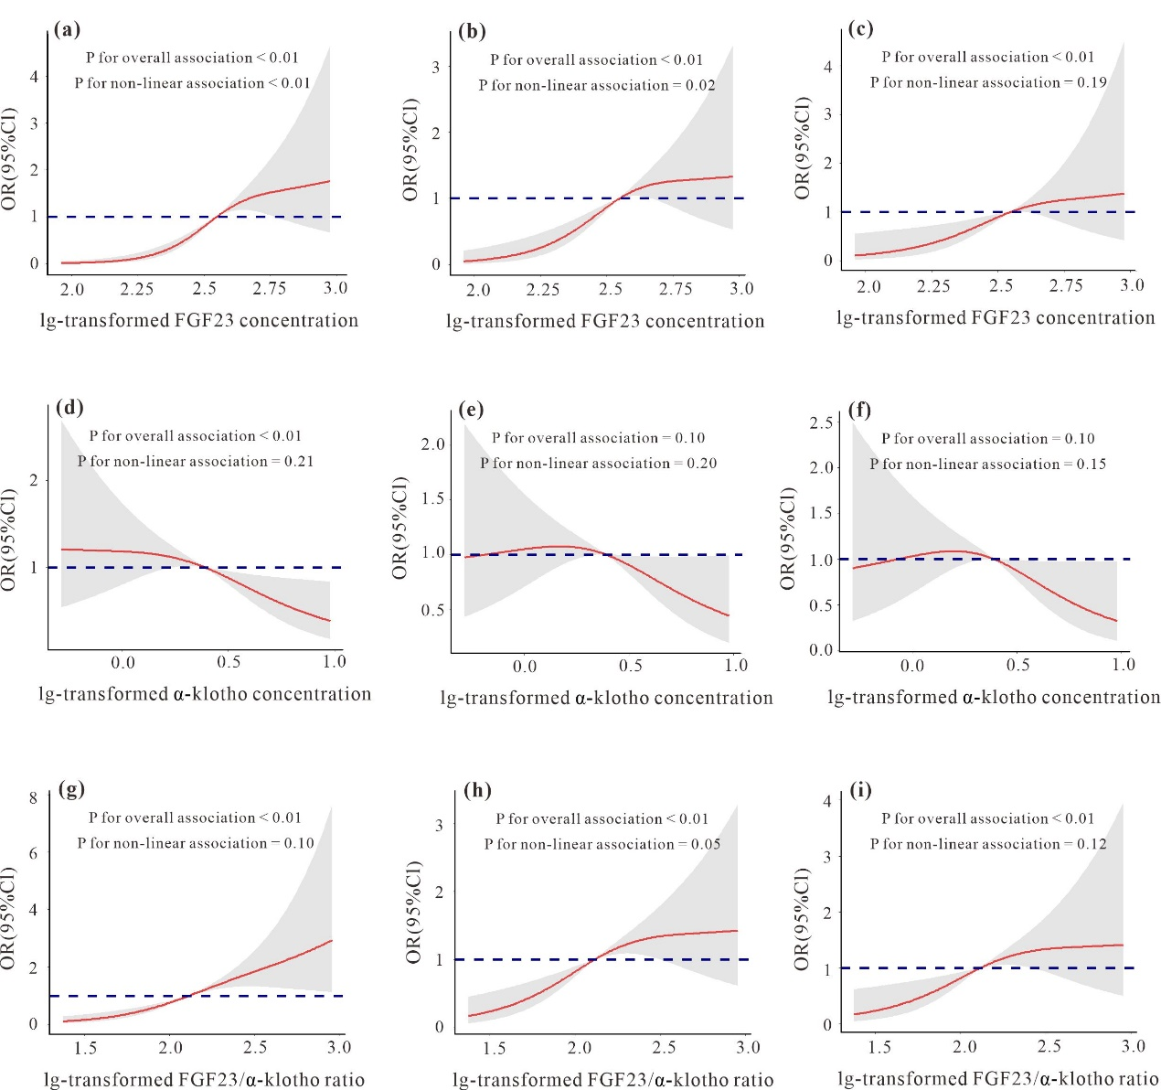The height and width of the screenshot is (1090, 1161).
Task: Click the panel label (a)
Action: pyautogui.click(x=67, y=29)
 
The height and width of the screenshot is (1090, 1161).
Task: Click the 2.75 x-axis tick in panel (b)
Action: pyautogui.click(x=676, y=289)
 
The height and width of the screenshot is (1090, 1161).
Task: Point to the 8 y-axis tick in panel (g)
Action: pyautogui.click(x=33, y=797)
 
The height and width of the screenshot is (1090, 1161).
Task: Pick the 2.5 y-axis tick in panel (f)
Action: pyautogui.click(x=821, y=422)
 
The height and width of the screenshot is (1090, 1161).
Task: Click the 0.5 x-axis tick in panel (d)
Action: pyautogui.click(x=229, y=662)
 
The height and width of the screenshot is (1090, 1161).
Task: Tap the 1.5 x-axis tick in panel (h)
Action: pyautogui.click(x=494, y=1048)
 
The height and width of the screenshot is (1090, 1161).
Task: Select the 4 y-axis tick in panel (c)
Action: pyautogui.click(x=827, y=67)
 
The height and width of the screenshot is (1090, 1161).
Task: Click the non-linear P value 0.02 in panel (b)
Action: pyautogui.click(x=700, y=85)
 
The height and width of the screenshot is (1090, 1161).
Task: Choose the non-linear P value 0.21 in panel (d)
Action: pyautogui.click(x=298, y=461)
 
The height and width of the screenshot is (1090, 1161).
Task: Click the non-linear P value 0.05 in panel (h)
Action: pyautogui.click(x=706, y=844)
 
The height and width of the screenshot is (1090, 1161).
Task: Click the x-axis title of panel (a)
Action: pyautogui.click(x=199, y=320)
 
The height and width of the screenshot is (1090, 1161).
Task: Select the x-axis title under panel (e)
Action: pyautogui.click(x=606, y=698)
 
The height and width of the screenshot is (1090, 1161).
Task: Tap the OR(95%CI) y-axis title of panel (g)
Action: pyautogui.click(x=8, y=918)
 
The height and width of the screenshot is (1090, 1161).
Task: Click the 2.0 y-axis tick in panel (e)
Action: pyautogui.click(x=432, y=444)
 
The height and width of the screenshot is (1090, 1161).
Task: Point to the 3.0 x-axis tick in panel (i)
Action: pyautogui.click(x=1133, y=1046)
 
